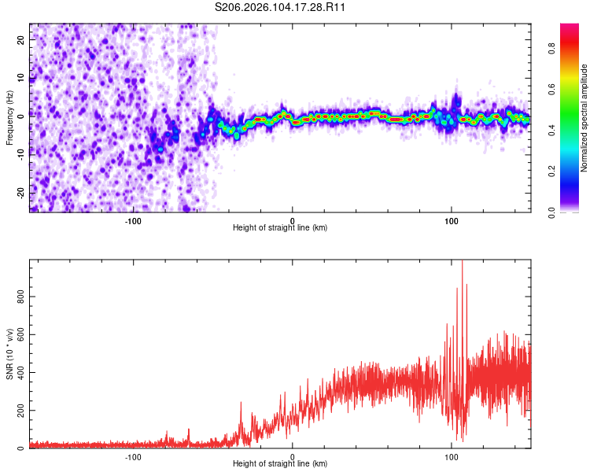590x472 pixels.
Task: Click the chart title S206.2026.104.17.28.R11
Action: click(281, 7)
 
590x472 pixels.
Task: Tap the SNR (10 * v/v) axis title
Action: click(9, 354)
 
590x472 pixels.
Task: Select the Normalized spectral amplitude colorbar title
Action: click(584, 118)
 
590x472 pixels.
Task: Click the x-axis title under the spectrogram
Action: click(280, 228)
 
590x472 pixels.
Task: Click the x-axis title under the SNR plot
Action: click(280, 464)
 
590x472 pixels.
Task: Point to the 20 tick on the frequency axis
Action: click(21, 39)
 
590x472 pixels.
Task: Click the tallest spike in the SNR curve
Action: click(463, 263)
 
